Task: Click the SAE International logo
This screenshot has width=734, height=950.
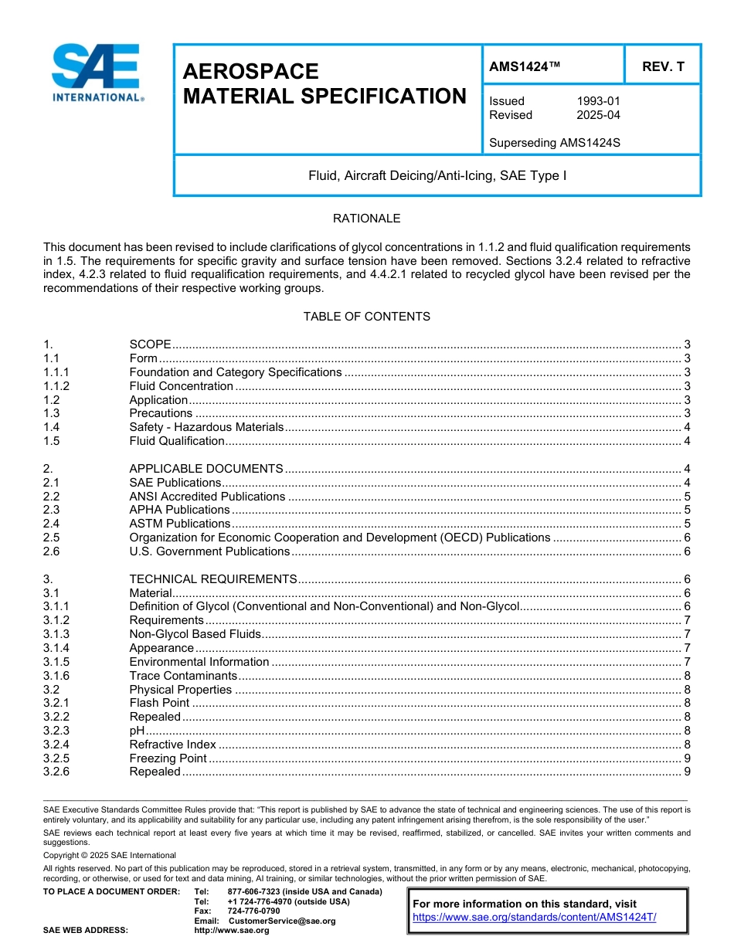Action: point(97,73)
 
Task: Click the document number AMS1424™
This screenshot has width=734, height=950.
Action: point(524,67)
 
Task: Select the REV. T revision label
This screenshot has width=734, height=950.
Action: point(663,67)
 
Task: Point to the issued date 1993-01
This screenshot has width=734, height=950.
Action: point(598,101)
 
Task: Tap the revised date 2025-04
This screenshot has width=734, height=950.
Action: point(598,115)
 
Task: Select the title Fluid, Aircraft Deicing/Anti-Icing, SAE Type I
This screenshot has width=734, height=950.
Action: point(437,176)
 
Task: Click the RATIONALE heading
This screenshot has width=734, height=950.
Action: point(366,219)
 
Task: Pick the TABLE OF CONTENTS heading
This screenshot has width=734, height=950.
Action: point(366,317)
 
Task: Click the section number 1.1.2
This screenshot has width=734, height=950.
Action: point(56,386)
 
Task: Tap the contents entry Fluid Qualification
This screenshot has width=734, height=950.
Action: point(177,441)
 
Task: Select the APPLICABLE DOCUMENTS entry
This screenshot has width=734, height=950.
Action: point(206,469)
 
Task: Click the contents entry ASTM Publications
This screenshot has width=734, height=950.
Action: point(179,524)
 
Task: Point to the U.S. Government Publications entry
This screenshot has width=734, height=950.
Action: point(209,551)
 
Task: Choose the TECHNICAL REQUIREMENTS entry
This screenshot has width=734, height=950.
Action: point(213,579)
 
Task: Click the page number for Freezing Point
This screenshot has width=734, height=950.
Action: point(687,758)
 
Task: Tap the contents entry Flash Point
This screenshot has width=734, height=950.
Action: point(159,703)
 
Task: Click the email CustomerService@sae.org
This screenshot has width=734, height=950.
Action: point(282,921)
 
